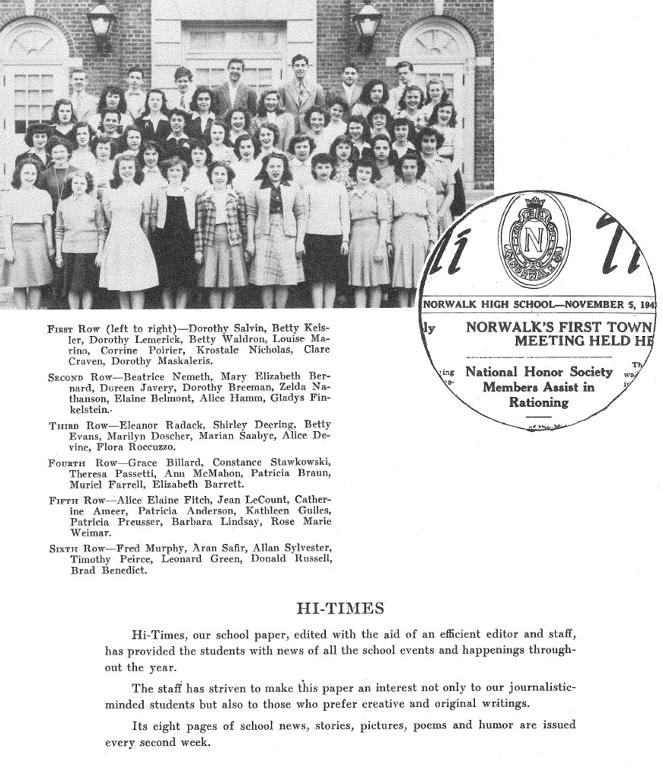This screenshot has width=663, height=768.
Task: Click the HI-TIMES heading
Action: pyautogui.click(x=339, y=609)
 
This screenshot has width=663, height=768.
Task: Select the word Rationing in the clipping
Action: pyautogui.click(x=538, y=402)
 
